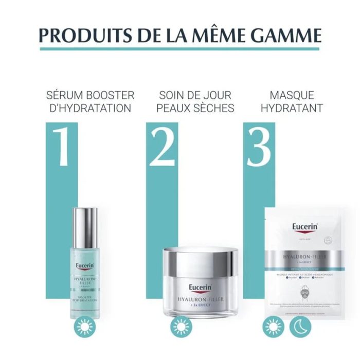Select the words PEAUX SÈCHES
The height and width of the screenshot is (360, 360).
point(195,109)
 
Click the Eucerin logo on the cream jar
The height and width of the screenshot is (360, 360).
point(201,287)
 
